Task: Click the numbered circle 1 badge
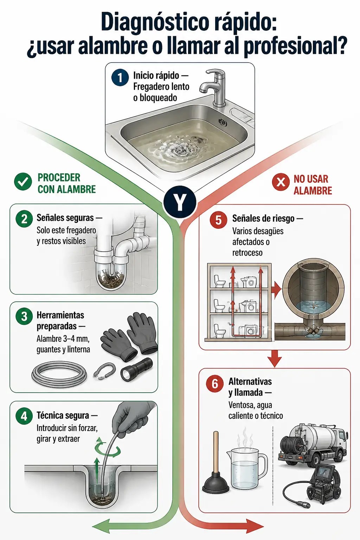point(120,77)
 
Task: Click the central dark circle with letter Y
point(180,202)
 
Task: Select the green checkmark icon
point(23,182)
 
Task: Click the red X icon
point(281,182)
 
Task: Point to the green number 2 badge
point(24,219)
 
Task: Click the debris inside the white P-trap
point(111,279)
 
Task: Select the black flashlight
point(136,369)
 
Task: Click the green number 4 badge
point(24,416)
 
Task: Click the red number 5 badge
point(218,220)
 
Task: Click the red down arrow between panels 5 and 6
point(275,358)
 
